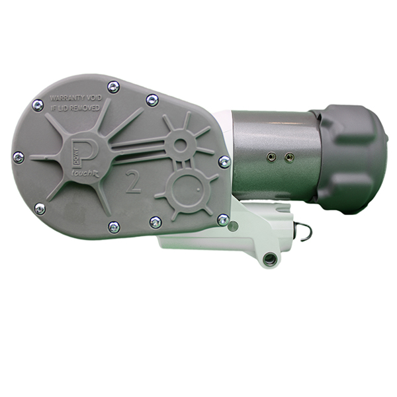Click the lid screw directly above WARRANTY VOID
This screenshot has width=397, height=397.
[113, 86]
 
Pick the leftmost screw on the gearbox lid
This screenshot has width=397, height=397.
[19, 157]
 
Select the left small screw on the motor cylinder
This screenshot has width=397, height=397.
[270, 155]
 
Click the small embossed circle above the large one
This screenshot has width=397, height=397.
[179, 144]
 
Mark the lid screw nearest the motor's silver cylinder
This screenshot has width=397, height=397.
[224, 161]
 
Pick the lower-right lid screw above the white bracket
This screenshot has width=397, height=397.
[223, 219]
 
